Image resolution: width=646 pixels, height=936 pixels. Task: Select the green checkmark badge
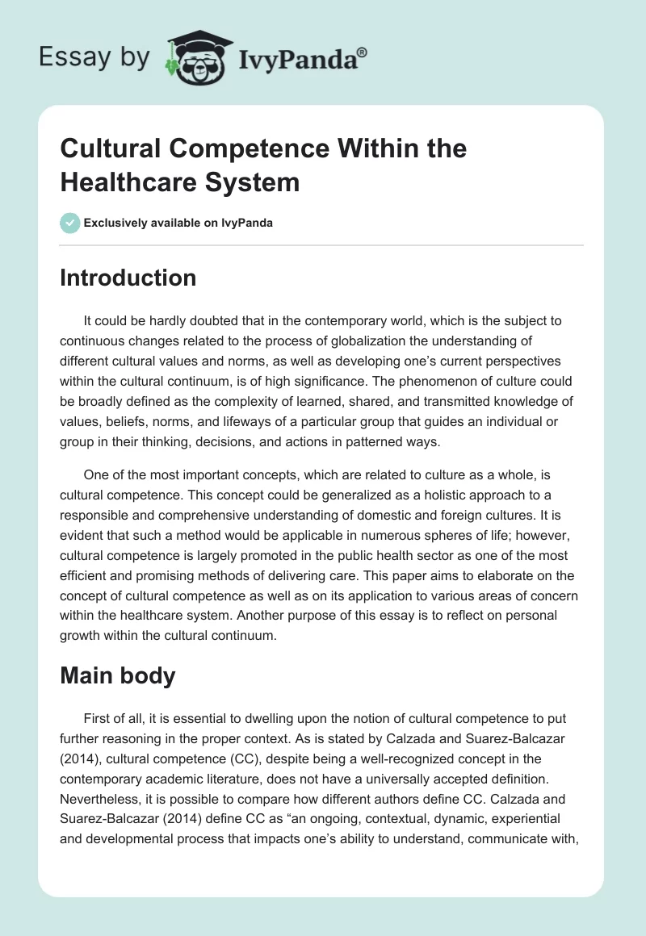click(x=69, y=223)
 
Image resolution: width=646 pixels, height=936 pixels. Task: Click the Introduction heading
click(x=128, y=278)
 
